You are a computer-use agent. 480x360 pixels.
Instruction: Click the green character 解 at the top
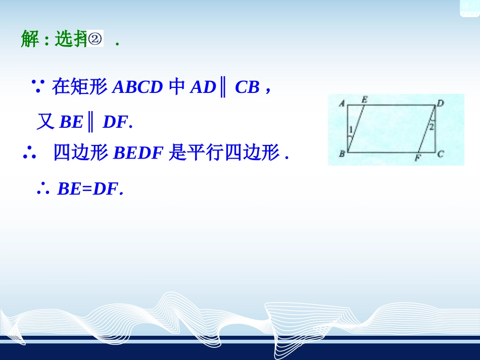30,39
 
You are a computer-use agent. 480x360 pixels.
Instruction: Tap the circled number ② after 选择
96,39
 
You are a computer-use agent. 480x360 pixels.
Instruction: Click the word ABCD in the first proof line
137,88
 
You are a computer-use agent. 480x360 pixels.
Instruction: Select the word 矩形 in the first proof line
80,87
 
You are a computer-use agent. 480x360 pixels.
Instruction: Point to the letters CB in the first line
247,88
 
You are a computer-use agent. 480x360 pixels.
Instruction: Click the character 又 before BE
45,122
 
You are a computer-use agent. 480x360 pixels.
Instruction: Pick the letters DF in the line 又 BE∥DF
115,122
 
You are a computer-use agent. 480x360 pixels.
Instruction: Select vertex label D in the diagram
440,104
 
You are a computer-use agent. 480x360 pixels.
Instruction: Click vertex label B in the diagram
342,154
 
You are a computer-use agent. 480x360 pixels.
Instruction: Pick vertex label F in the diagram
417,159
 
